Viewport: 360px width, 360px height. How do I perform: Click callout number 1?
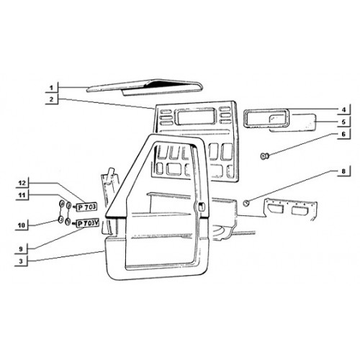[x=51, y=88]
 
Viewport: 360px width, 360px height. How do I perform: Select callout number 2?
[x=51, y=99]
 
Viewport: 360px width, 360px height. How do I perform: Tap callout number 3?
[x=21, y=261]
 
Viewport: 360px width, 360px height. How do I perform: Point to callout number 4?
[x=343, y=110]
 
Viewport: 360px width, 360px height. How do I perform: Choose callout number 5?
[x=343, y=122]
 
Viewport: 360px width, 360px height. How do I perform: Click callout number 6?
[x=343, y=134]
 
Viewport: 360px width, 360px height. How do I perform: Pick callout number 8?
[x=343, y=171]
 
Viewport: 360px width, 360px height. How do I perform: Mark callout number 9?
[x=21, y=249]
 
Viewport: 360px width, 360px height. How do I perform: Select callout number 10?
[x=22, y=225]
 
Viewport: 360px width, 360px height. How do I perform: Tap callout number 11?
[x=22, y=195]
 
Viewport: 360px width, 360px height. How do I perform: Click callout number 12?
[x=22, y=183]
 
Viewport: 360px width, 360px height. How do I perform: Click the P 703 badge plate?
[x=86, y=207]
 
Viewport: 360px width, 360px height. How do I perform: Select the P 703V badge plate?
[x=87, y=223]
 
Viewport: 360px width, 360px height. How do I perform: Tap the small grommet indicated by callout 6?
[x=264, y=156]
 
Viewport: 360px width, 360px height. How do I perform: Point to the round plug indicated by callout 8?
[x=246, y=203]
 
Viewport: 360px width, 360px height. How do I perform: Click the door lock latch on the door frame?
[x=201, y=207]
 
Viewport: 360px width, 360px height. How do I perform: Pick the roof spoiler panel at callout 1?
[x=143, y=87]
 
